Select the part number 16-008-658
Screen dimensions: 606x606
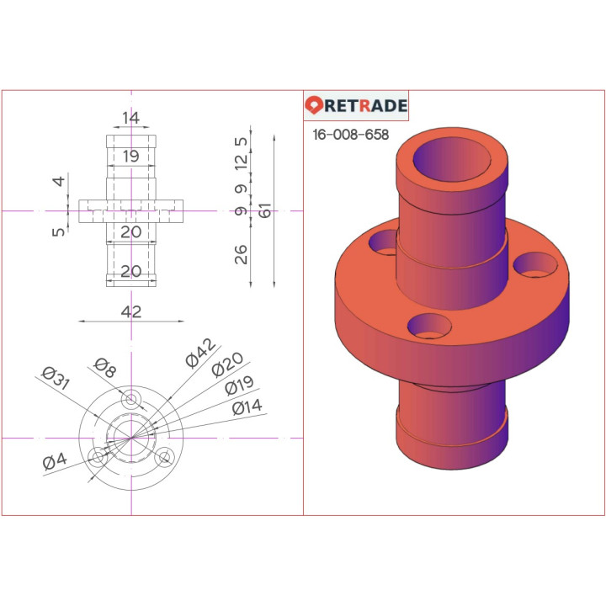(350, 135)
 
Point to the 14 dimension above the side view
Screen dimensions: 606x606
(130, 119)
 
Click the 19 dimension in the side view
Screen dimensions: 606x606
(130, 156)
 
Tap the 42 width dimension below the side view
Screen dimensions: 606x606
(130, 311)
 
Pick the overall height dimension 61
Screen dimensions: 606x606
(266, 211)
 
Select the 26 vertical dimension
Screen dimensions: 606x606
(242, 254)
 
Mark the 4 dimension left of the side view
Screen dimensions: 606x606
(58, 182)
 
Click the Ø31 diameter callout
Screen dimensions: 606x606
(55, 379)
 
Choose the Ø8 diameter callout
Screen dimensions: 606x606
(105, 365)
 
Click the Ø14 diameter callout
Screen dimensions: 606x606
(247, 408)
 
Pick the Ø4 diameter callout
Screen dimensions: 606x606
(55, 461)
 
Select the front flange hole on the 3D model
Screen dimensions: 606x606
(428, 325)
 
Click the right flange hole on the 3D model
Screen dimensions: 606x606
(535, 265)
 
